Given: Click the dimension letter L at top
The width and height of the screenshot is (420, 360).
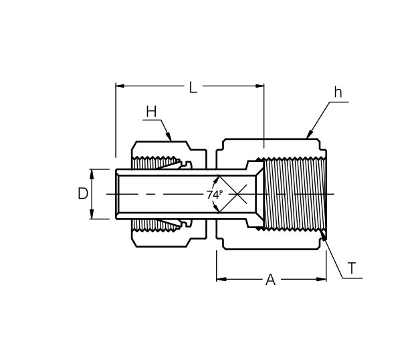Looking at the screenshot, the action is point(193,87).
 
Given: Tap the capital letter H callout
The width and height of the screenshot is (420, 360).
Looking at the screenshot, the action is point(151,112).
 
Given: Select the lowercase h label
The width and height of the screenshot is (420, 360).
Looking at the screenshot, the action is point(338,92).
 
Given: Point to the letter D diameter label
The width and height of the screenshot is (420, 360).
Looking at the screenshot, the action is point(83,193).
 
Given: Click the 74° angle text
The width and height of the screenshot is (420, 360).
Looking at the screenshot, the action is point(215,195).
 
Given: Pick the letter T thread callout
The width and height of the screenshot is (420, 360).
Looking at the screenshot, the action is point(351,268).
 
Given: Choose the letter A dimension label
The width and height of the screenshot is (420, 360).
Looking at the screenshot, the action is point(270,280).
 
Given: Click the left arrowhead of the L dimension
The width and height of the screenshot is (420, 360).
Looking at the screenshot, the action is point(120,86).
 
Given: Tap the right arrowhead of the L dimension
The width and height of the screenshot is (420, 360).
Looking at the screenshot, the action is point(259,86).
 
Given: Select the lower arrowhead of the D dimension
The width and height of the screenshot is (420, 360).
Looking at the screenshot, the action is point(92,214).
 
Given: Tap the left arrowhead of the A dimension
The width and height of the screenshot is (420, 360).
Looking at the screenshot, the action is point(221,279).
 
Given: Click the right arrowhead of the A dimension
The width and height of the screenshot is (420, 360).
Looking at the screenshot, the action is point(322,279).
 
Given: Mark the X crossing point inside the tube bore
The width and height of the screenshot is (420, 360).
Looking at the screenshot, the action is point(237,194).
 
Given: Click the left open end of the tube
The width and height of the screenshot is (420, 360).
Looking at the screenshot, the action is point(117,194).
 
